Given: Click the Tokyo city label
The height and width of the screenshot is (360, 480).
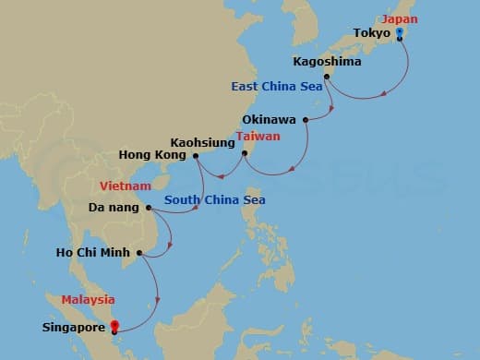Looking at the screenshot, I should [x=371, y=33].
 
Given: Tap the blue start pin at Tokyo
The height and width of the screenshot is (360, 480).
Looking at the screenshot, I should [x=399, y=32].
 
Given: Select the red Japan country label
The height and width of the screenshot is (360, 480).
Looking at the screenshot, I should [x=401, y=18].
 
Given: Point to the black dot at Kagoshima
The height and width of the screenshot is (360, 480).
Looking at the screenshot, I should [x=327, y=76].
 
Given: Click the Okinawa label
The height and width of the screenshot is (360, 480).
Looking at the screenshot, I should [x=270, y=119].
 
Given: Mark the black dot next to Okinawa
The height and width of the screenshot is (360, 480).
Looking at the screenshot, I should [x=305, y=119].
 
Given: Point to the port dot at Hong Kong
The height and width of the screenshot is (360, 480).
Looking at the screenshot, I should [x=196, y=156].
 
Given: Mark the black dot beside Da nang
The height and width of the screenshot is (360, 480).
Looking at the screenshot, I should [x=149, y=208].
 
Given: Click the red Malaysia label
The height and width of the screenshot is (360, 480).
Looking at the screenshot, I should [x=89, y=299].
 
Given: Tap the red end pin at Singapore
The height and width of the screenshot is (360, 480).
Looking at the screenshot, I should [x=114, y=325].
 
